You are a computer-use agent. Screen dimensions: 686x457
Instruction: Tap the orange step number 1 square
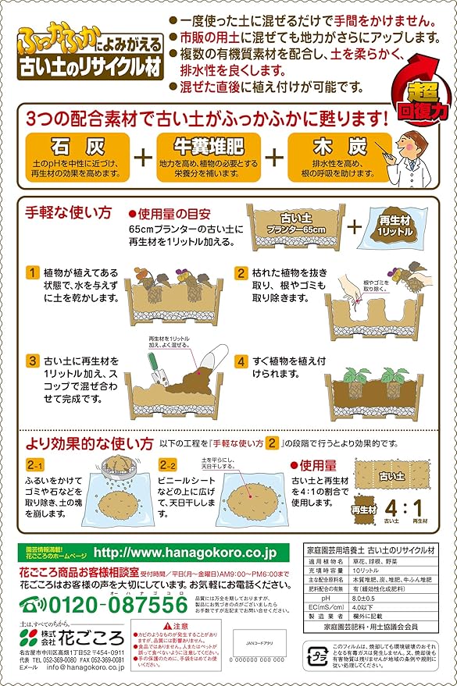click(x=32, y=273)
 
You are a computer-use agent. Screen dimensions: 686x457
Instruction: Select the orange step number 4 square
click(x=241, y=361)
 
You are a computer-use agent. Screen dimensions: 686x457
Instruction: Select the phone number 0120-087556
click(x=112, y=604)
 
